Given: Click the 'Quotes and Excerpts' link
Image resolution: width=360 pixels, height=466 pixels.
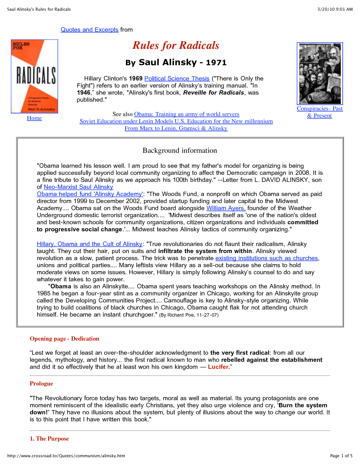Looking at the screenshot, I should coord(90,30).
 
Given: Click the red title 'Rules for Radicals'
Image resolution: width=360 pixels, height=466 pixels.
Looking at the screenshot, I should coord(176,45).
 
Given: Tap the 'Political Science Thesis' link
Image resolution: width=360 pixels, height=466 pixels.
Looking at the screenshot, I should coord(177,79).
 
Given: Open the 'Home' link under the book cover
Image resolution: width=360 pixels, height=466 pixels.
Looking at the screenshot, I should coord(34,118).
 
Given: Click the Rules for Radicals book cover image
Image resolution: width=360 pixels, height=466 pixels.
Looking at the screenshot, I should coord(34,77).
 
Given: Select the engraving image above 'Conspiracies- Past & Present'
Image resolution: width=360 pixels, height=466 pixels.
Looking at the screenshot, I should coord(320,74).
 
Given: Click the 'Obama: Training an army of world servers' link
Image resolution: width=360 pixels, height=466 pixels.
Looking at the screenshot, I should coord(187,114).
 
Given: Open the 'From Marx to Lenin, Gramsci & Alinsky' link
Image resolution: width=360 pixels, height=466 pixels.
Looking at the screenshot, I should coord(176,128).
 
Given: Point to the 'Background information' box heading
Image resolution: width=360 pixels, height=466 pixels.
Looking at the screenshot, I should coord(180,151).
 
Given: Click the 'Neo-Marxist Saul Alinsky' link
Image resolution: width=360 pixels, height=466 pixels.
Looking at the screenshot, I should coord(78,187).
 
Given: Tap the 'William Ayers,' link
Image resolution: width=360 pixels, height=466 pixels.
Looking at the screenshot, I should coord(226,208).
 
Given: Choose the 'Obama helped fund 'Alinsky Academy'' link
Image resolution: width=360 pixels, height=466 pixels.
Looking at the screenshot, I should coord(90,194).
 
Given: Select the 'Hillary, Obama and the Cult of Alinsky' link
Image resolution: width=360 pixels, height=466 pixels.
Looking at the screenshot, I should coord(90,244).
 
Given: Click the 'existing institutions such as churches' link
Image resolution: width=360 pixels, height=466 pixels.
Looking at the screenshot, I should coord(267,258).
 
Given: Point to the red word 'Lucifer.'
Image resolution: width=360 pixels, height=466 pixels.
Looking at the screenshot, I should coord(219,367).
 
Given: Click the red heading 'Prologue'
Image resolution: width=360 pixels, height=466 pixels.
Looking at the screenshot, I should coord(42,384).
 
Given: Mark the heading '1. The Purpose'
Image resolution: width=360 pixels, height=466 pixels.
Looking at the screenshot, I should coord(49,439).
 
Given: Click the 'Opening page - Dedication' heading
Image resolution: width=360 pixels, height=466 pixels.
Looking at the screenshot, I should coord(64,339).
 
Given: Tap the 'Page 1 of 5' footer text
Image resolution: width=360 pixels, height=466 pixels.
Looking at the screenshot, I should coord(341,456).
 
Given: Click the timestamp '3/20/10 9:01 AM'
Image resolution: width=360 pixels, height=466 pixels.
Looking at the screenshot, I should coord(335,9).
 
